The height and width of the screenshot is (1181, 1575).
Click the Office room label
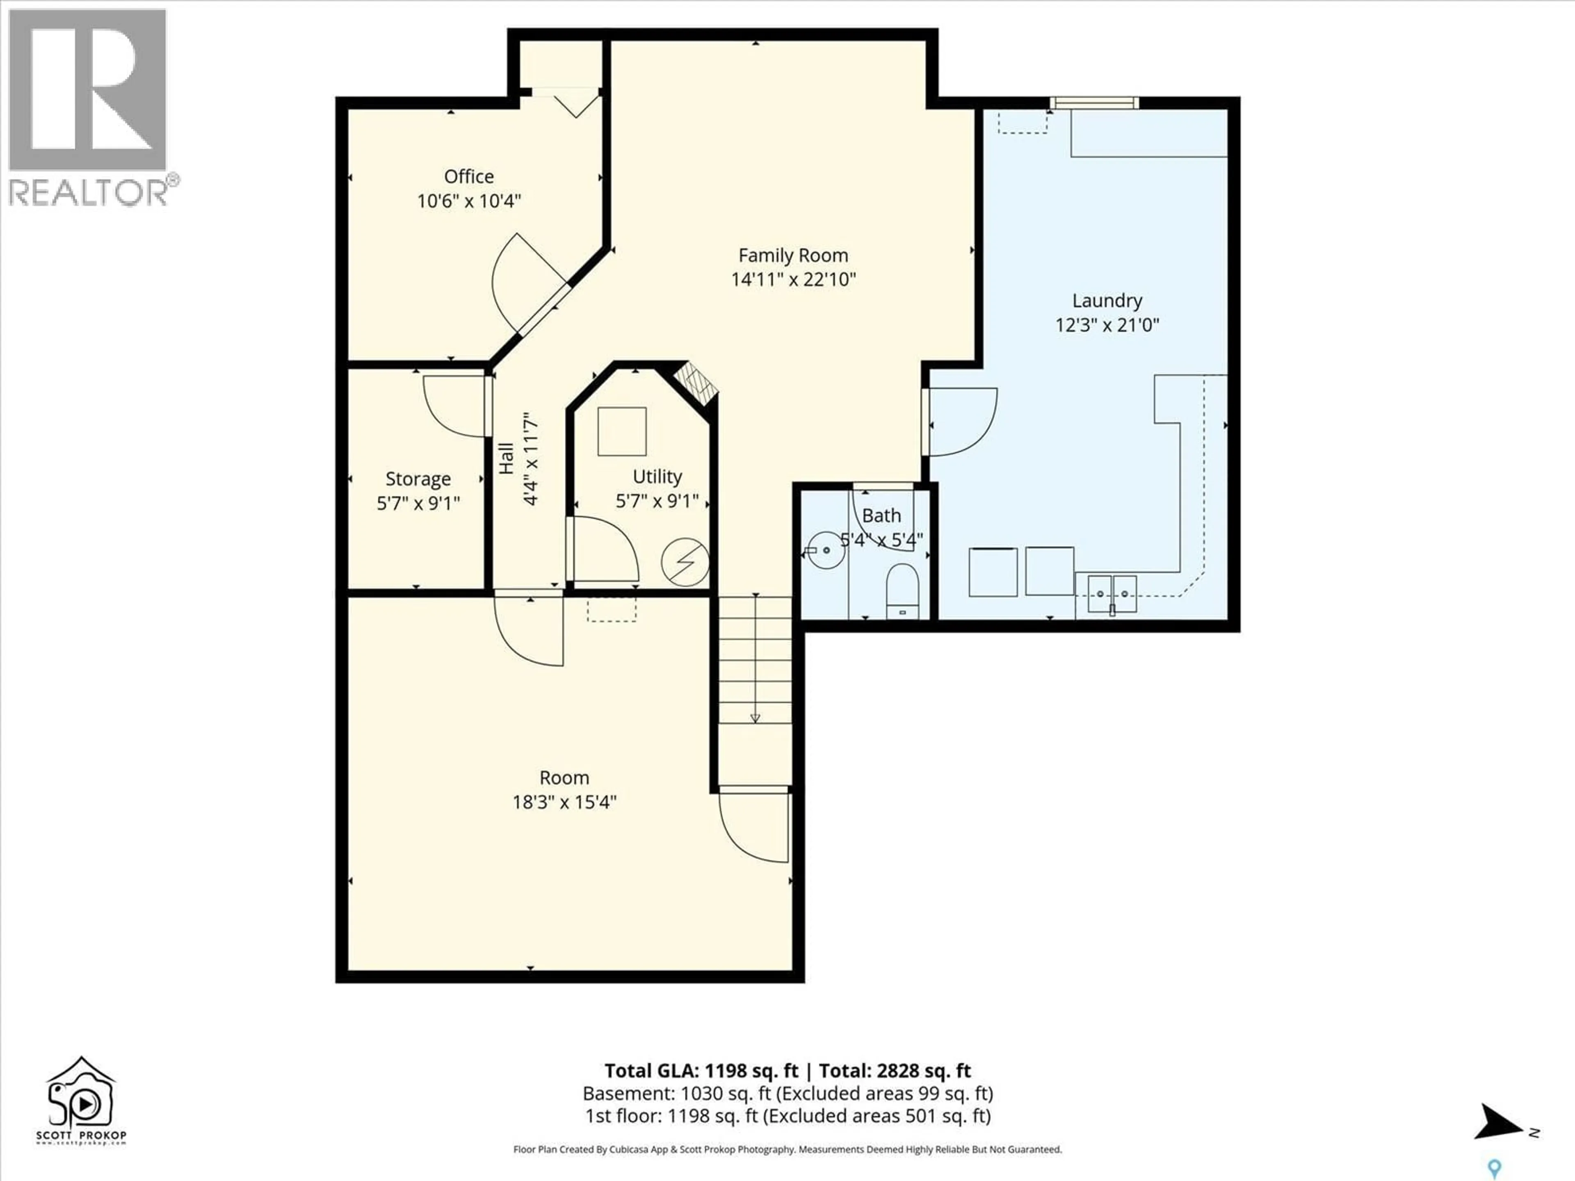468,177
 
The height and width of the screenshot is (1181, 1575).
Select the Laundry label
1107,301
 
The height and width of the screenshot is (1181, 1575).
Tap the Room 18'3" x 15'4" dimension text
564,802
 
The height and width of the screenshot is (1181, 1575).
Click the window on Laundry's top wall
1094,103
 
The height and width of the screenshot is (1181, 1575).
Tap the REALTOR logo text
89,192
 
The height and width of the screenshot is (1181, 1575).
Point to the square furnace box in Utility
622,431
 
